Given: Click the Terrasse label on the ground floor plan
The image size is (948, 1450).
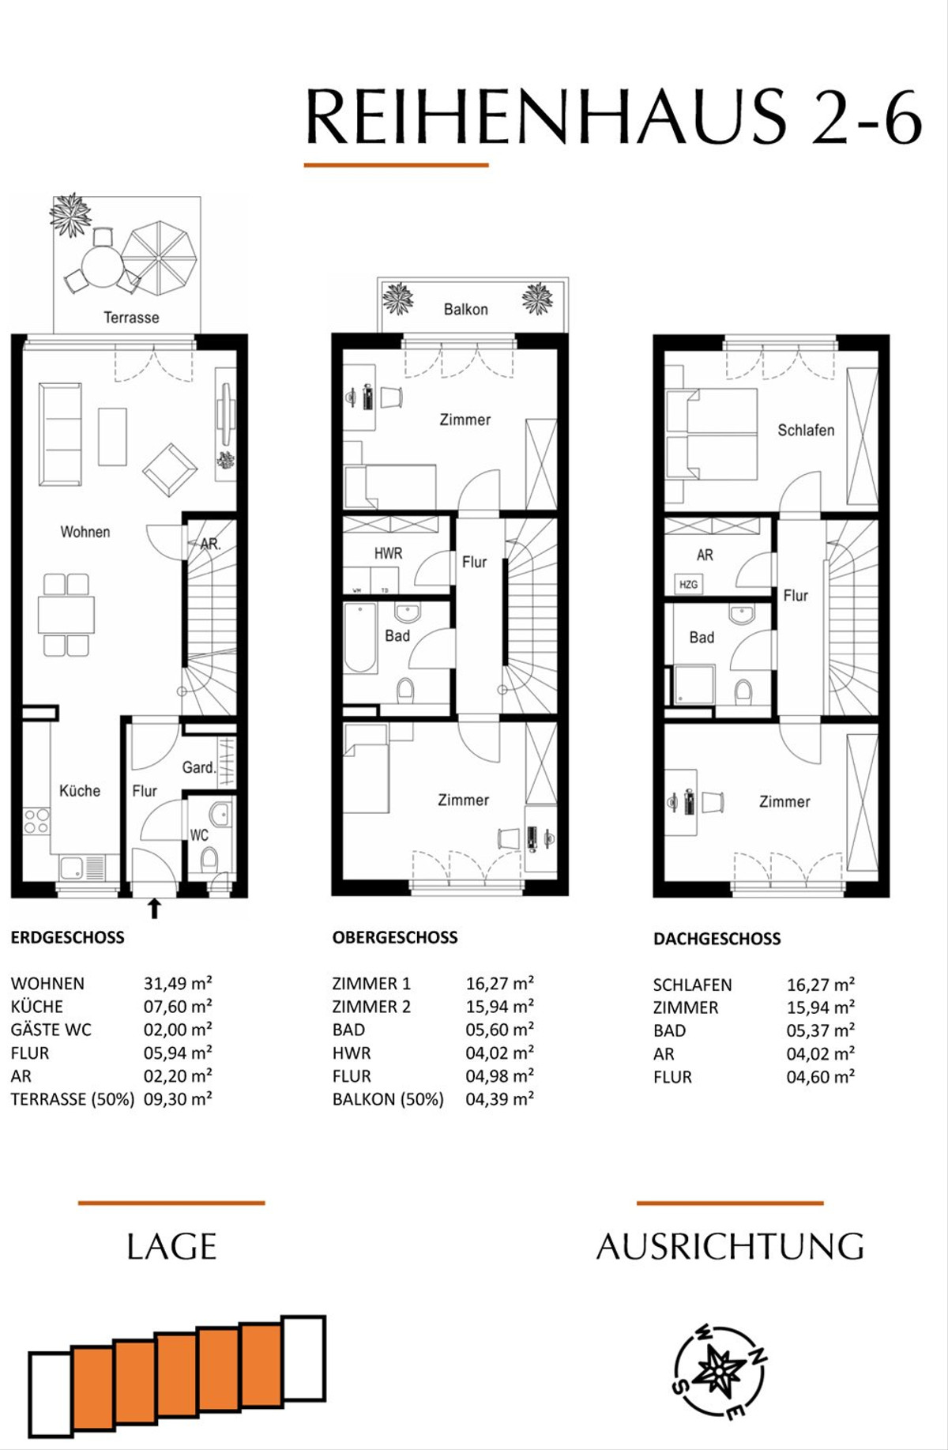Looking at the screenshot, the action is [x=131, y=318].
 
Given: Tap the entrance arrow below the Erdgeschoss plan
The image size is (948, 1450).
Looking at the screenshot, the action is [x=155, y=908].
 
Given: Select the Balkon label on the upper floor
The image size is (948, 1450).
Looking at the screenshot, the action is [x=465, y=309].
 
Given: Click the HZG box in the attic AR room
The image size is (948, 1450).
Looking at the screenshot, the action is [x=688, y=585].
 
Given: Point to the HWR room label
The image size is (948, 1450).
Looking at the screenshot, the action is [x=388, y=554].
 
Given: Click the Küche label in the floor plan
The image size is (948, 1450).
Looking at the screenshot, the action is [x=80, y=791].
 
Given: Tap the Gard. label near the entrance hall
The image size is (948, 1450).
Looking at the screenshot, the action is [x=198, y=767].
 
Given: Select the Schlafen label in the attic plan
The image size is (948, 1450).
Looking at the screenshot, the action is [x=806, y=431].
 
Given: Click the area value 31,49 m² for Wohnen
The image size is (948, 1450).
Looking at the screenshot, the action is [x=178, y=983].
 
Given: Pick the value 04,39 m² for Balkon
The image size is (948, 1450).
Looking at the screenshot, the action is [x=499, y=1098].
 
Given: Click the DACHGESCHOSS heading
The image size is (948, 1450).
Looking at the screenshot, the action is [x=717, y=939].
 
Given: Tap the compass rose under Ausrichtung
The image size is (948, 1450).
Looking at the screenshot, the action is [x=719, y=1372].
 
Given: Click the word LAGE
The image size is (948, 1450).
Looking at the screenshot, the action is [x=171, y=1247].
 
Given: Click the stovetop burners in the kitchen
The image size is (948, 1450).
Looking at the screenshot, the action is [x=36, y=821].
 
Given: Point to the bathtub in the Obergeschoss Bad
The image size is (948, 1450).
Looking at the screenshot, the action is [x=360, y=638].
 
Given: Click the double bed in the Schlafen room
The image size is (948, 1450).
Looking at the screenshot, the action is [x=711, y=434].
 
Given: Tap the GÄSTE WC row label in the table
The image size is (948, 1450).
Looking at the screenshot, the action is [x=51, y=1030].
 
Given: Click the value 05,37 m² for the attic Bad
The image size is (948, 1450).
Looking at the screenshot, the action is [x=820, y=1030].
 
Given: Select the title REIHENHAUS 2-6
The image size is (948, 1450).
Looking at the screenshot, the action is [x=614, y=117].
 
